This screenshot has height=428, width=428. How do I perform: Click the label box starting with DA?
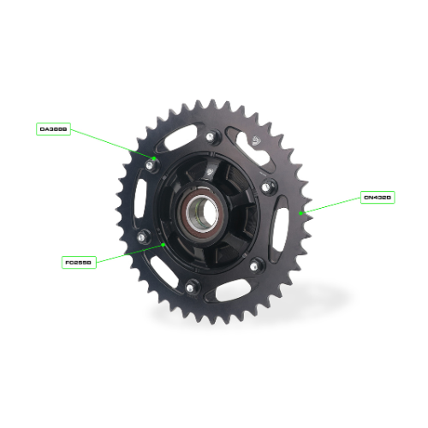coord(53,129)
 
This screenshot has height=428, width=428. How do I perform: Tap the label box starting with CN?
coord(377,198)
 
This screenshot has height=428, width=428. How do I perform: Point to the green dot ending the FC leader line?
coord(163,244)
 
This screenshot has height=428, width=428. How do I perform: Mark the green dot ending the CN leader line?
coord(301,211)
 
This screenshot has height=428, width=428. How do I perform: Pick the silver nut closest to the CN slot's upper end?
coord(268,186)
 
